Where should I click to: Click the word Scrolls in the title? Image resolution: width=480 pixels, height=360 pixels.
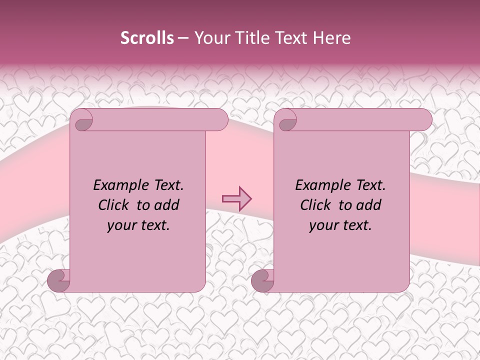click(x=147, y=38)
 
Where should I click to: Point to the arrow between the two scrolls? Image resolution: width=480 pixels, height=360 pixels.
click(x=236, y=199)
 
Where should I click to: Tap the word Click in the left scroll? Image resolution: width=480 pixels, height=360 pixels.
click(x=114, y=205)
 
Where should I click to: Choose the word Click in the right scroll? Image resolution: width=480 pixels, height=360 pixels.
click(x=316, y=205)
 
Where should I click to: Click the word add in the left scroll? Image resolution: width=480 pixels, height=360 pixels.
click(x=166, y=205)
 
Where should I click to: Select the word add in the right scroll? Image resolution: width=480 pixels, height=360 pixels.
click(x=368, y=205)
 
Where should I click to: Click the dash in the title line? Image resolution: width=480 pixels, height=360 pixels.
click(x=183, y=38)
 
